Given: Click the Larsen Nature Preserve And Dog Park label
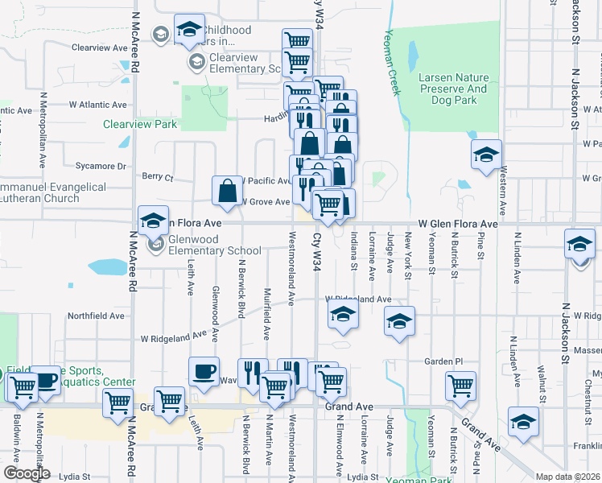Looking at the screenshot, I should pos(453,89).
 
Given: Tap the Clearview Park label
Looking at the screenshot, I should pos(139,125).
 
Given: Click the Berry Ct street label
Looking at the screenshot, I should pos(157,175).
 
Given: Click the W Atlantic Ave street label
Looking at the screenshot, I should pos(97,105).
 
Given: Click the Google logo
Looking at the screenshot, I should pos(27,473).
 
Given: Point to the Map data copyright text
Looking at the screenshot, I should pos(567,476).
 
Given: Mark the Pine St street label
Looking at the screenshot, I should pos(480,244).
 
